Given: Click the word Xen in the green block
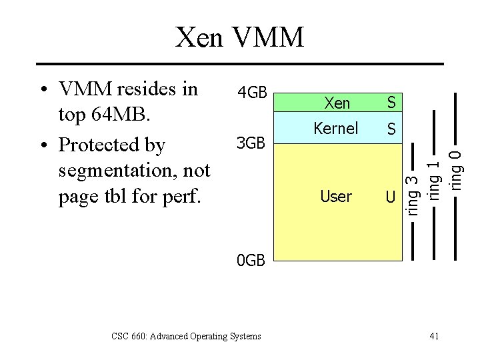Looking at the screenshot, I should click(x=337, y=103).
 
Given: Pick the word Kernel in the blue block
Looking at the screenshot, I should click(x=337, y=128).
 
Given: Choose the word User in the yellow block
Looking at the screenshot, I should click(x=336, y=196).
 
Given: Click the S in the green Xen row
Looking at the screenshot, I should click(x=391, y=103).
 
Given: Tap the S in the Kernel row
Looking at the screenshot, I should click(x=391, y=129).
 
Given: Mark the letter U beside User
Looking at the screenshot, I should click(x=391, y=197).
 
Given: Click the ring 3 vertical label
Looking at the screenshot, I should click(x=413, y=194).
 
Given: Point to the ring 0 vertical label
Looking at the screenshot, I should click(x=456, y=167).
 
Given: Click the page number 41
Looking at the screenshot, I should click(x=433, y=336).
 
